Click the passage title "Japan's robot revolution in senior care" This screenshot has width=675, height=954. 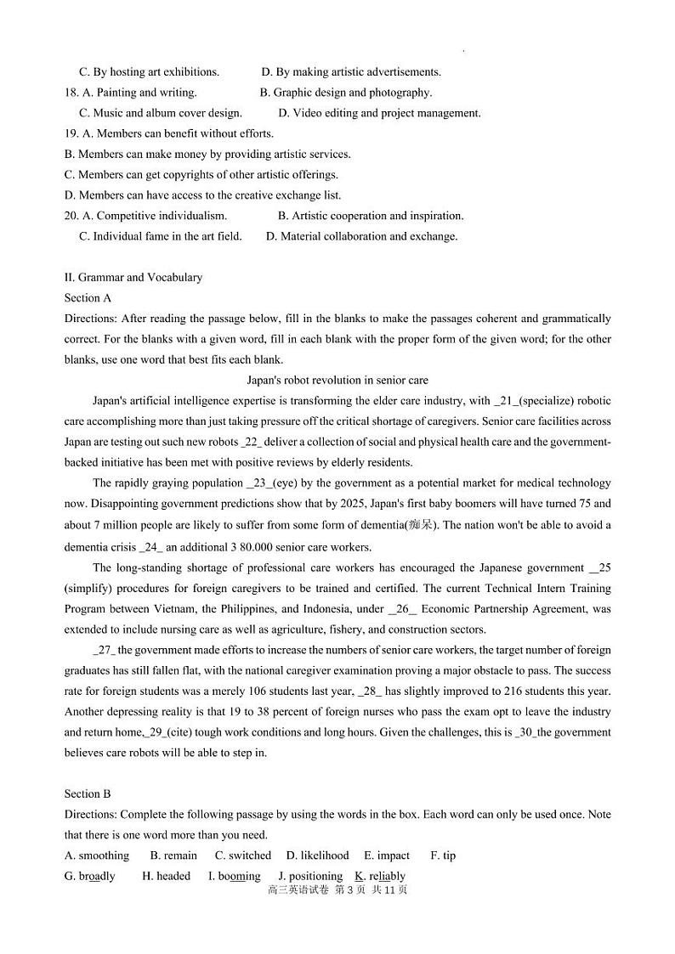337,381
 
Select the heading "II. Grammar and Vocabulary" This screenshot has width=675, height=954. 133,277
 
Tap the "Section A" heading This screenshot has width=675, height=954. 88,298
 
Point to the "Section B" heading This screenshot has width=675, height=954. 88,794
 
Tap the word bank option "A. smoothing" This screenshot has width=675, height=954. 97,855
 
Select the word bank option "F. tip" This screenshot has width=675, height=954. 443,855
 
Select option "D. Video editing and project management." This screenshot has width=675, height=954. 379,113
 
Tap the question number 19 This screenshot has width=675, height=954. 71,133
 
